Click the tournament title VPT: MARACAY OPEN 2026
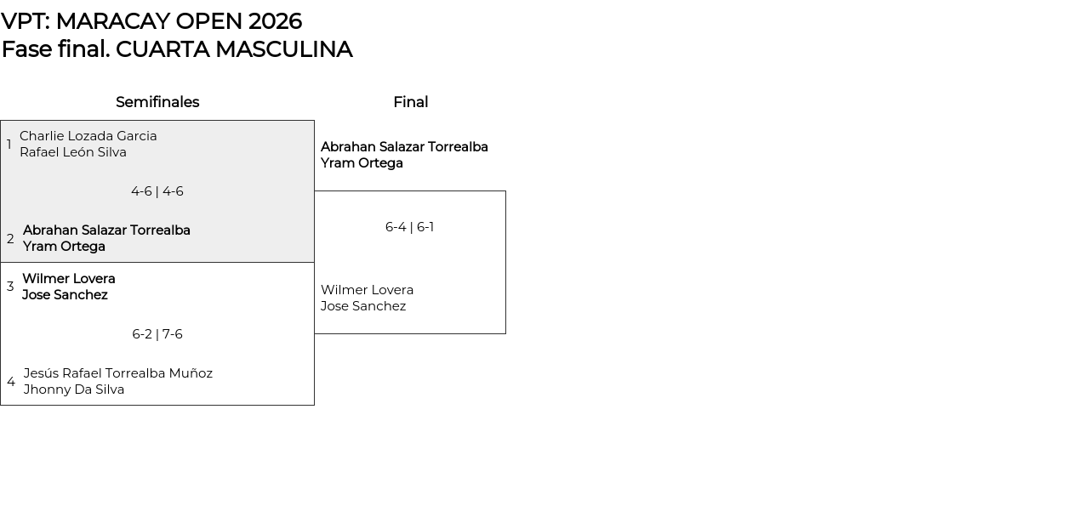tap(151, 21)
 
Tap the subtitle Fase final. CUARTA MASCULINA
tap(177, 49)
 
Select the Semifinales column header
tap(157, 102)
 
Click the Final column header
tap(410, 102)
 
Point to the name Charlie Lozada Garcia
tap(88, 136)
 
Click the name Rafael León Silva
tap(73, 152)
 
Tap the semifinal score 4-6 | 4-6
tap(157, 191)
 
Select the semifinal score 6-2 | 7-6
tap(157, 334)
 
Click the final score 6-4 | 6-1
tap(409, 227)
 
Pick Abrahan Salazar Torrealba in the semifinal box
tap(106, 230)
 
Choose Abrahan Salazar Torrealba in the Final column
tap(404, 147)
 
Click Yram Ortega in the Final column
tap(362, 163)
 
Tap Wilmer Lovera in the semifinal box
tap(69, 279)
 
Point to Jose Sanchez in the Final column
tap(363, 306)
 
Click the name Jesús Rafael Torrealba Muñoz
tap(118, 373)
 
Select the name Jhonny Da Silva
tap(74, 389)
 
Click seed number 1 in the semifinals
tap(9, 145)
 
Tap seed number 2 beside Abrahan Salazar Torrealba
tap(10, 239)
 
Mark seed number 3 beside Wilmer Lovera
tap(10, 287)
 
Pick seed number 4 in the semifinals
tap(11, 382)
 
